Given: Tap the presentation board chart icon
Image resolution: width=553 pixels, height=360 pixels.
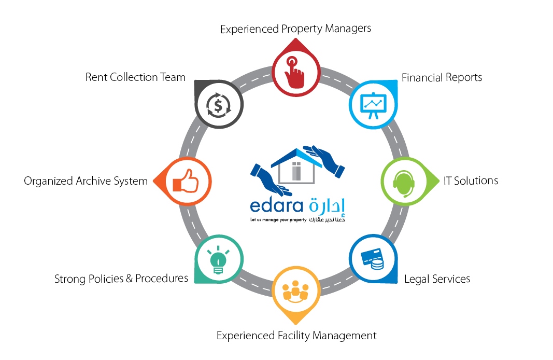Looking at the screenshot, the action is click(x=373, y=105).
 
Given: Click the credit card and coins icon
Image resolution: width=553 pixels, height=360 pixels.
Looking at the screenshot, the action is click(x=373, y=259).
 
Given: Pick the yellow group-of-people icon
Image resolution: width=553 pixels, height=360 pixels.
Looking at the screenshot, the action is click(x=295, y=292).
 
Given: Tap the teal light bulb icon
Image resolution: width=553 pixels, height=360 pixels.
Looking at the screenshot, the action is click(x=218, y=260).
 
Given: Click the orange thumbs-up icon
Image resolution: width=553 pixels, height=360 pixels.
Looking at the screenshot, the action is click(x=186, y=181).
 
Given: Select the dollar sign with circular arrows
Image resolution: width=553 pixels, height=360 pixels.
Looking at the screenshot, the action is click(x=218, y=105).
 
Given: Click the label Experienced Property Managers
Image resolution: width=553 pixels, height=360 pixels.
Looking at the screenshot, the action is click(x=295, y=29).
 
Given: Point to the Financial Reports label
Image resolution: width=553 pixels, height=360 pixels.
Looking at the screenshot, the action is click(x=442, y=77).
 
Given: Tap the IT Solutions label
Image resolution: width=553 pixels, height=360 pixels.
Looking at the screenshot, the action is click(x=471, y=181).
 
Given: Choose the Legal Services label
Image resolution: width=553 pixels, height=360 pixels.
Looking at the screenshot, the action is click(x=437, y=279).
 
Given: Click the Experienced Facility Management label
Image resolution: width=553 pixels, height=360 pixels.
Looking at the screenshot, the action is click(x=296, y=335).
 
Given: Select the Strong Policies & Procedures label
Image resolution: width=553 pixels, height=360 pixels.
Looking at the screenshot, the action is click(x=121, y=279).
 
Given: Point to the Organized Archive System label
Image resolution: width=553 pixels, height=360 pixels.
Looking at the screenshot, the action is click(x=86, y=181).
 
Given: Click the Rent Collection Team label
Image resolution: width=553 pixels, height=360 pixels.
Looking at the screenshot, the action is click(x=135, y=77).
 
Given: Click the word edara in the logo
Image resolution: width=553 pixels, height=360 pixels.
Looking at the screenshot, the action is click(x=277, y=205).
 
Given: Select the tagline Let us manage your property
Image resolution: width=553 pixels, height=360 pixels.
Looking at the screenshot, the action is click(x=278, y=220).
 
